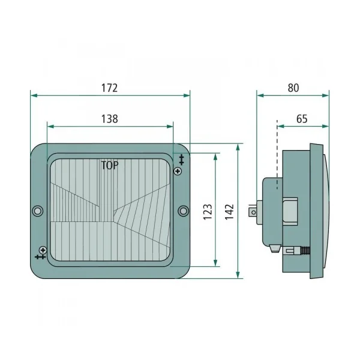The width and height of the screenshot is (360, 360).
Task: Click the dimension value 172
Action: pyautogui.click(x=110, y=88)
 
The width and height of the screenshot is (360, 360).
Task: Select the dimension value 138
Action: pyautogui.click(x=110, y=119)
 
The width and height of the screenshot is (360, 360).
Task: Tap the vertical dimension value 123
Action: pyautogui.click(x=208, y=212)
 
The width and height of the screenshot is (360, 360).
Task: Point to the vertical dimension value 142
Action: pyautogui.click(x=229, y=212)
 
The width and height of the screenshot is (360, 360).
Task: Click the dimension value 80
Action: pyautogui.click(x=293, y=88)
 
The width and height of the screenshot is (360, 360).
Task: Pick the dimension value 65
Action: pyautogui.click(x=302, y=119)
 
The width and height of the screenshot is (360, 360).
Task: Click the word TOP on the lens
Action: pyautogui.click(x=110, y=166)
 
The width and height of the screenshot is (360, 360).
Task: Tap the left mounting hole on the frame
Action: pyautogui.click(x=37, y=211)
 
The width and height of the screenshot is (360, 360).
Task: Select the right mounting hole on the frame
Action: pyautogui.click(x=183, y=211)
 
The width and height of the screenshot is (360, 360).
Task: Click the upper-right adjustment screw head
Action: pyautogui.click(x=178, y=171)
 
